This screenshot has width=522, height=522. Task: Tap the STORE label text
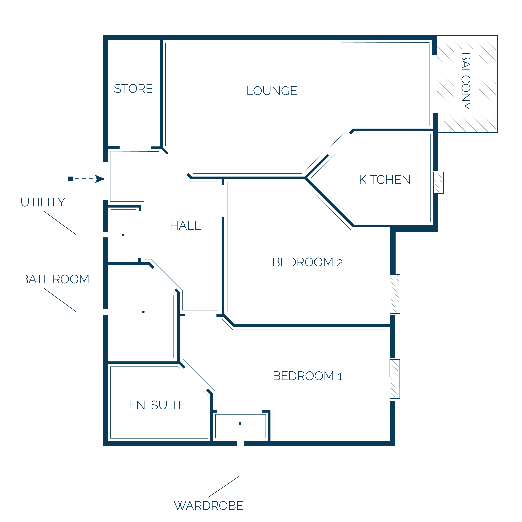(133, 89)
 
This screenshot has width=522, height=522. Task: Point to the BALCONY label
(466, 81)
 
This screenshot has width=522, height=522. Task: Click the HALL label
(185, 225)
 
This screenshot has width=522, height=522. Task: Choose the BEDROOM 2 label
(307, 262)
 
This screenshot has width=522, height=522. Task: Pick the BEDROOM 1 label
(307, 376)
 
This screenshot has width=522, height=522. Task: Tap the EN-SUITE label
(157, 405)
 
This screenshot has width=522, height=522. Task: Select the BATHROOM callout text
(55, 279)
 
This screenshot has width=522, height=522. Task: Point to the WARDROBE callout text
(209, 506)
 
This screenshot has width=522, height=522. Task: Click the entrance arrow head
(100, 179)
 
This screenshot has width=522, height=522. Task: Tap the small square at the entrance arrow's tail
(70, 179)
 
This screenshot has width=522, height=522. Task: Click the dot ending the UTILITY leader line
(123, 235)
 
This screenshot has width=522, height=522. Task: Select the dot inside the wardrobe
(240, 423)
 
